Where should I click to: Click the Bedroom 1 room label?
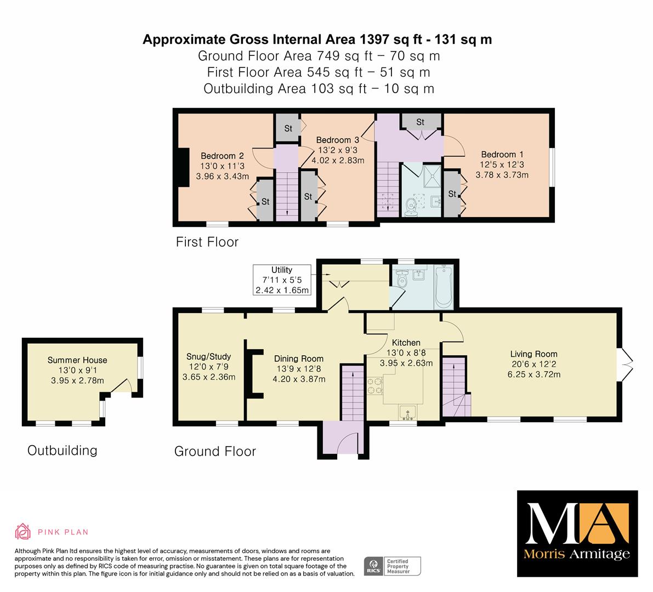[x=502, y=155]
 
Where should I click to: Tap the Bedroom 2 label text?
[x=222, y=156]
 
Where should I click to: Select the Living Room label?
[x=533, y=354]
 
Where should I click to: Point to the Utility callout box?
[x=282, y=280]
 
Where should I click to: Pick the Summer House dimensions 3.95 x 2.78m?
[x=77, y=380]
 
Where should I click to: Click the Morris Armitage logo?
[x=577, y=534]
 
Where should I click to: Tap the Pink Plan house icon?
[x=23, y=532]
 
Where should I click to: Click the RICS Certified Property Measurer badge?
[x=393, y=566]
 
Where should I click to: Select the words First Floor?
[x=207, y=242]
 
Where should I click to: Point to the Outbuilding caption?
[x=63, y=450]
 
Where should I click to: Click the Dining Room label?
[x=299, y=358]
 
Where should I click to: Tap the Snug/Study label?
[x=209, y=356]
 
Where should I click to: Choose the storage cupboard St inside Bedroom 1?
[x=452, y=193]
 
